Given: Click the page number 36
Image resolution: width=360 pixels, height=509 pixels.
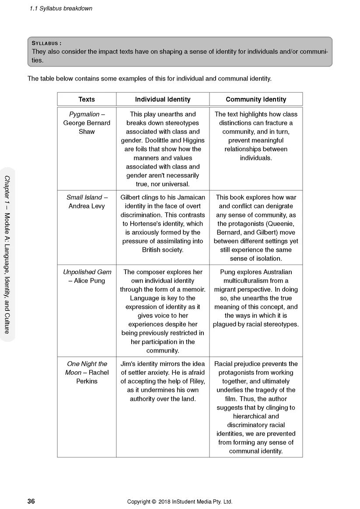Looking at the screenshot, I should coord(31,501).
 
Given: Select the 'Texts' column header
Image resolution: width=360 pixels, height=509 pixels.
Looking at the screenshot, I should coord(87,99).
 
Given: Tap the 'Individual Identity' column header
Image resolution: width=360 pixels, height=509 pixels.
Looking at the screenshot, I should coord(163,99).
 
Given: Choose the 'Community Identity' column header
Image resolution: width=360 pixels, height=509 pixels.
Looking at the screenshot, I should coord(256,99).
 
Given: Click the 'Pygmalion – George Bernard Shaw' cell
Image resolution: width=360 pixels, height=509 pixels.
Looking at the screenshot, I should coord(87,123).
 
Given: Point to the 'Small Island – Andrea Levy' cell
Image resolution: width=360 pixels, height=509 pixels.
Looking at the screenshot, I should coord(87,202).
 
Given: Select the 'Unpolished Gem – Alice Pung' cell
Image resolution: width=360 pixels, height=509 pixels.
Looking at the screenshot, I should coord(87,276).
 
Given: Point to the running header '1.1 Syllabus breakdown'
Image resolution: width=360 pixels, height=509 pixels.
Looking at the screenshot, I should coord(61,8).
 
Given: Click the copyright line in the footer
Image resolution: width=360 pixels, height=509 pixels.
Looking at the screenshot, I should coord(180,502).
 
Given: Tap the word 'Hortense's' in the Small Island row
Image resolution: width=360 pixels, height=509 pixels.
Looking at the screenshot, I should coord(150,223).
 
